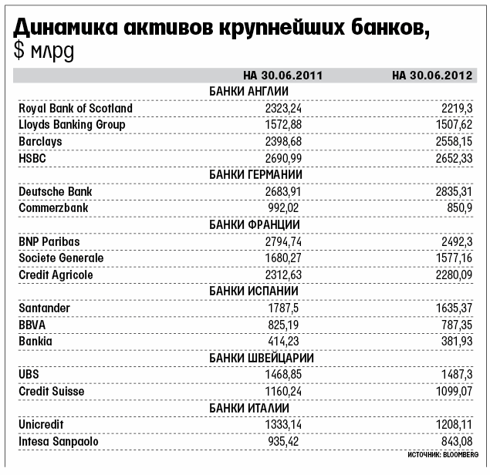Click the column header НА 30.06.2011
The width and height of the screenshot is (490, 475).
pos(282,76)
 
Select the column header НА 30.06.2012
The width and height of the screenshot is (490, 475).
pos(431,76)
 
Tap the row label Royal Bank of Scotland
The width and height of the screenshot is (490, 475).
pos(76,109)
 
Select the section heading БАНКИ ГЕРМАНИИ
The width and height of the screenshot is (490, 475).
pos(248,175)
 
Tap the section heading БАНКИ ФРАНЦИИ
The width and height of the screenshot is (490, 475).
pos(248,224)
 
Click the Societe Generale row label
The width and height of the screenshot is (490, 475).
pos(61,258)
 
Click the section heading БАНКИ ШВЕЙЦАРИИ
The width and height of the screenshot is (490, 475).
pos(248,358)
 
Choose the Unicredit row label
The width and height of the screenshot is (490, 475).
pos(41,424)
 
